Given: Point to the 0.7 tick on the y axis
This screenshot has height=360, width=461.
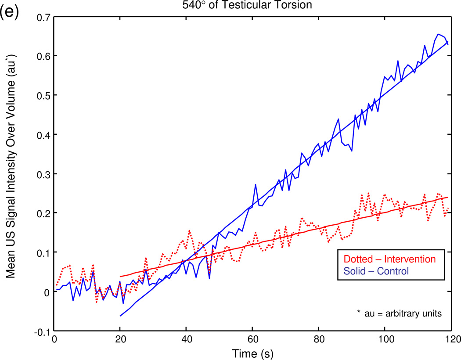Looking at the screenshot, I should point(43,17).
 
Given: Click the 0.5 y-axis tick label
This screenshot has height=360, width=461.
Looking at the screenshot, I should point(43,95).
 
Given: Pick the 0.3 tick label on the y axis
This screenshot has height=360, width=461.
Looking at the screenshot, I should point(43,174).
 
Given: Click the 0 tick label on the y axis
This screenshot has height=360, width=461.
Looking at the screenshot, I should point(47,292).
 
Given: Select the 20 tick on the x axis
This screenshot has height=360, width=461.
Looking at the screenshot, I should point(120,339).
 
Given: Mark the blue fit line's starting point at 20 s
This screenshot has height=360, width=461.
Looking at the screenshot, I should point(120,316).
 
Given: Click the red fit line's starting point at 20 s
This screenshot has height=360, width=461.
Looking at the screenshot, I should point(120,277).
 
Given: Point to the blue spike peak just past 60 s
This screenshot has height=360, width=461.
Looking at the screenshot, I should point(256,185).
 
